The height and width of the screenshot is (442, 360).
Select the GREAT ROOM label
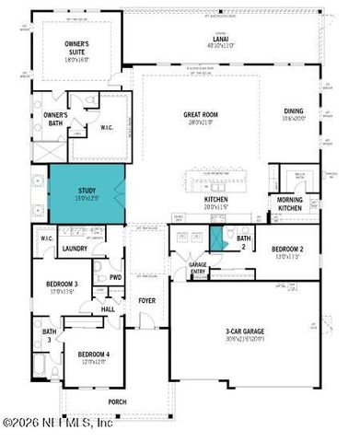[198, 117]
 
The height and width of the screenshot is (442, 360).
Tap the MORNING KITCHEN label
[290, 204]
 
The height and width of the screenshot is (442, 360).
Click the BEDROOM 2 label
[288, 250]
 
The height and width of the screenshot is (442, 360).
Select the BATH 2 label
[243, 242]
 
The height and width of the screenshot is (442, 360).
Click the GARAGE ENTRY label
[197, 268]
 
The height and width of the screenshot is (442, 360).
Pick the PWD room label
[115, 277]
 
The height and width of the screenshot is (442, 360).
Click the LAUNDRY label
[74, 249]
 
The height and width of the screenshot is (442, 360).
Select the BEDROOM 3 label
[63, 286]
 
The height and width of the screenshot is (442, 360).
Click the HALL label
[107, 309]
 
